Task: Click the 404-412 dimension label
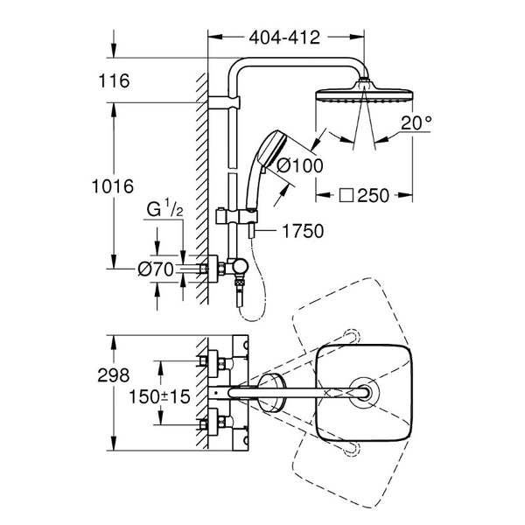[x=284, y=38]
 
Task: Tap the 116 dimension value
[x=114, y=81]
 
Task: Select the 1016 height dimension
[x=113, y=186]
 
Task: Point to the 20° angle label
[x=416, y=122]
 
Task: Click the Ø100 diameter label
[x=300, y=165]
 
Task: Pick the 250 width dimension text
[x=374, y=195]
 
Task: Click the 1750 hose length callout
[x=303, y=231]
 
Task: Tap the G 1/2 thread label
[x=164, y=209]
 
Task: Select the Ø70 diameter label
[x=156, y=269]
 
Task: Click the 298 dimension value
[x=114, y=375]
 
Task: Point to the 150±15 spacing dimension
[x=160, y=396]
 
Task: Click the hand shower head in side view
[x=269, y=149]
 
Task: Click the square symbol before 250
[x=346, y=195]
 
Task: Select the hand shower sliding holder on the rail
[x=237, y=215]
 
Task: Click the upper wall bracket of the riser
[x=224, y=102]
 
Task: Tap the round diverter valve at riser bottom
[x=240, y=268]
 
